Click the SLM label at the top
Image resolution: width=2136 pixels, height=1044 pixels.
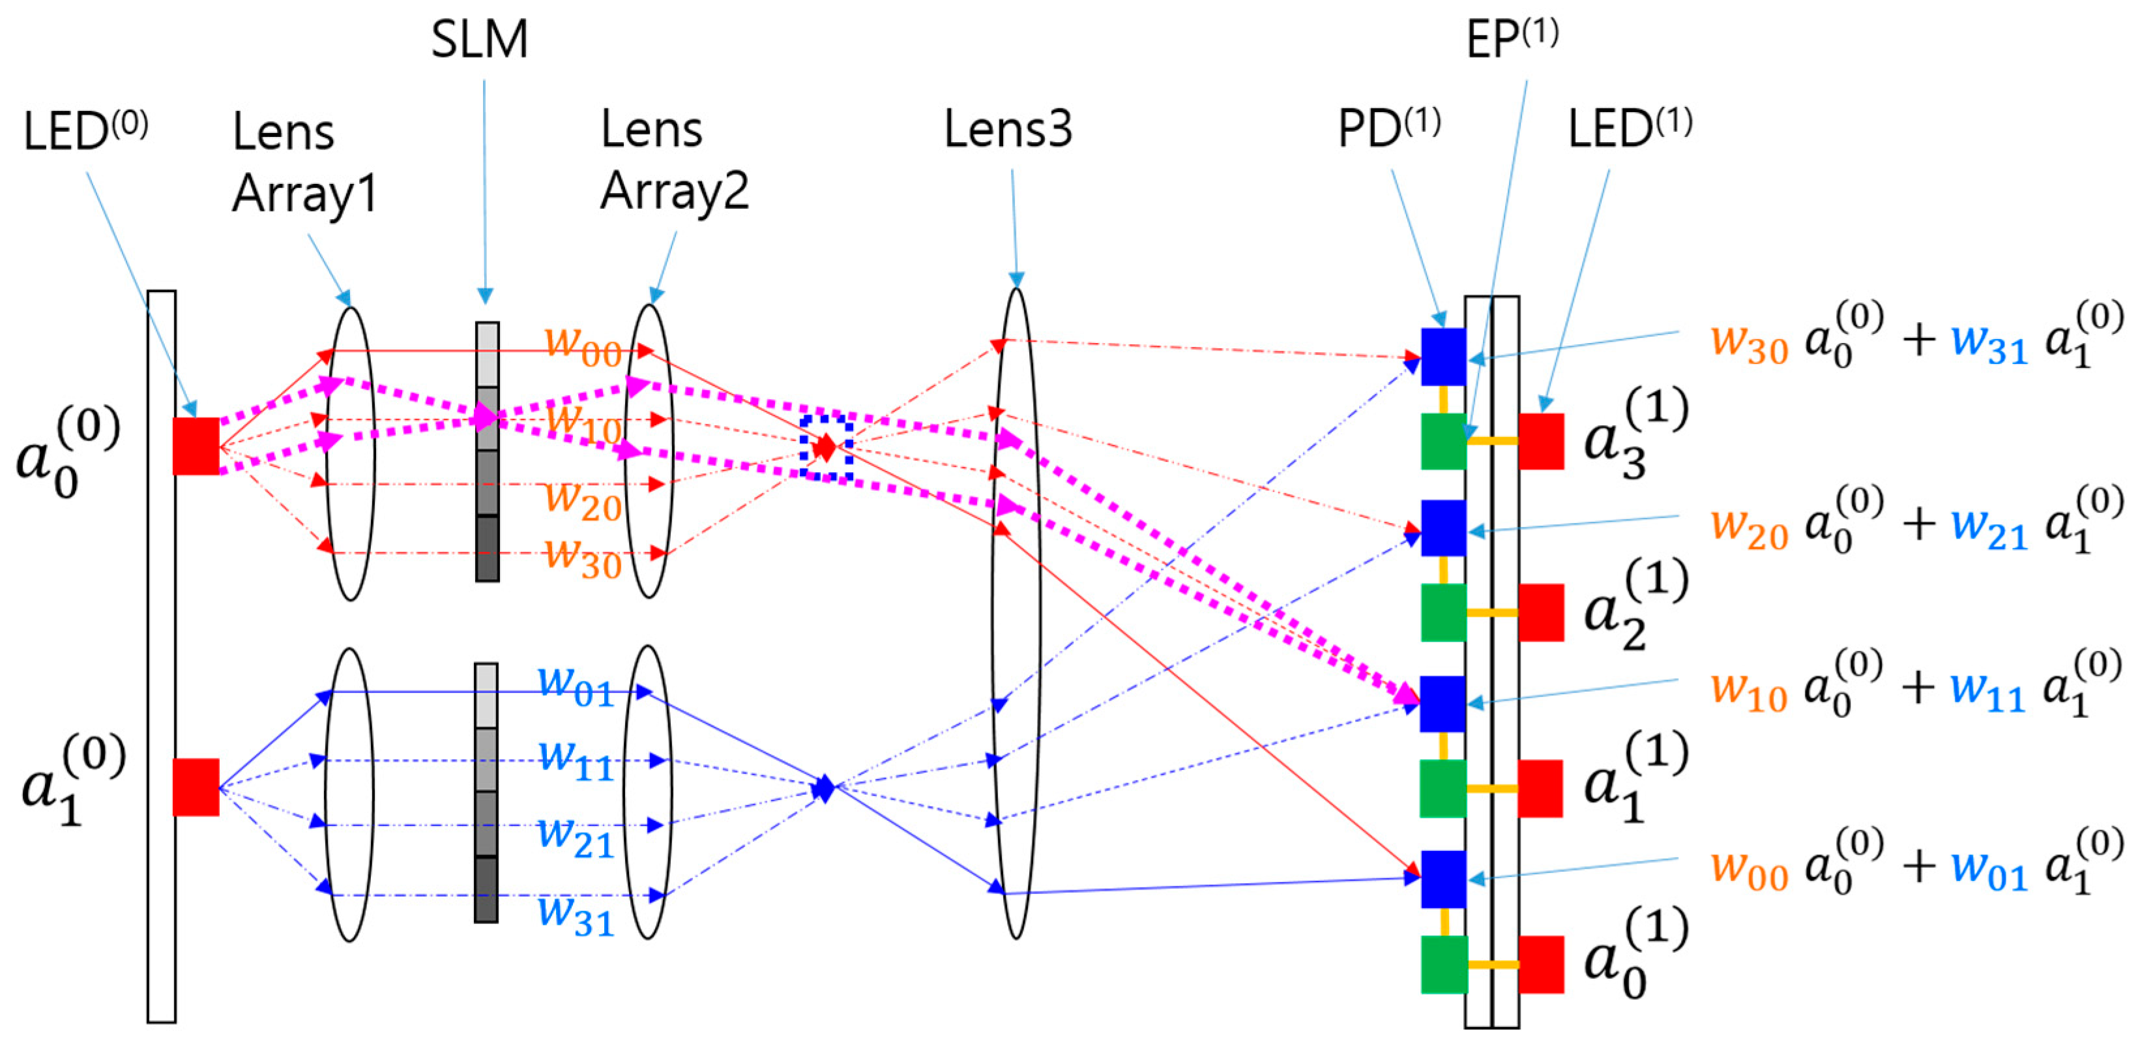479,40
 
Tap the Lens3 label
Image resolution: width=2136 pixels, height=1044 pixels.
1008,130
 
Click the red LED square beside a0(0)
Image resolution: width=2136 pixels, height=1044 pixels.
196,446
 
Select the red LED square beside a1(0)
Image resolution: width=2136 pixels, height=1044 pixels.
196,787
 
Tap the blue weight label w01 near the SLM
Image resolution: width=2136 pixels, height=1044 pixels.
576,686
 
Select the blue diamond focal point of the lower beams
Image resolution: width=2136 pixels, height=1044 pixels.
823,788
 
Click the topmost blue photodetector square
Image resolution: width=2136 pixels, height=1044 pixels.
1444,357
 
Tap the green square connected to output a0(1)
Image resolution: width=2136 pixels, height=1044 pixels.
1444,964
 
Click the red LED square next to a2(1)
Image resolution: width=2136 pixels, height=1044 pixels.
1541,613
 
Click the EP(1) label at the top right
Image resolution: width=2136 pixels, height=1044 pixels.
1512,38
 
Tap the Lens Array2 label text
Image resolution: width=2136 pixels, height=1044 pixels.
673,162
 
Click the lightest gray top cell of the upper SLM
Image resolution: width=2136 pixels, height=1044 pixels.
488,354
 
